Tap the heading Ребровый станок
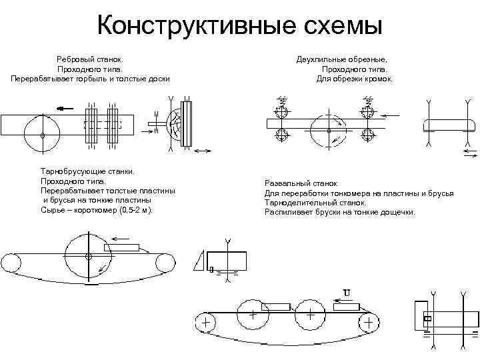tap(91, 59)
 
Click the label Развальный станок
tap(301, 183)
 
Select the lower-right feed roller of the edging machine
tap(366, 135)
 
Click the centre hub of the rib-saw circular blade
tap(43, 135)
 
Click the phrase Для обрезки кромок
tap(355, 78)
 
